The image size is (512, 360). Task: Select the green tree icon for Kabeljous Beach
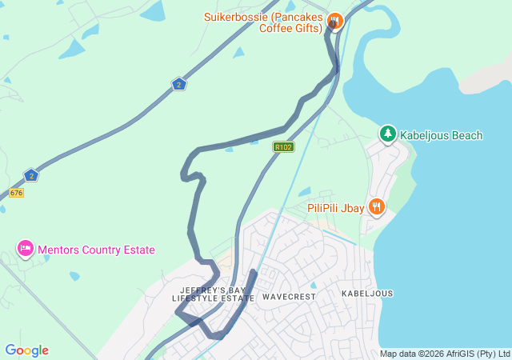tap(388, 134)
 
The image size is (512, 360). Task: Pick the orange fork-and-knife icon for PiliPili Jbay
tap(377, 208)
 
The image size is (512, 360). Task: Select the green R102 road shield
tap(283, 146)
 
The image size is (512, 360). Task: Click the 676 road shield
tap(17, 193)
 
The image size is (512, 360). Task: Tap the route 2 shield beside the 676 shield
tap(30, 175)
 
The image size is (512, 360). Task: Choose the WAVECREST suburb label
tap(289, 296)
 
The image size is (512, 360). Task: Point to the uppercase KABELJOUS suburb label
tap(367, 294)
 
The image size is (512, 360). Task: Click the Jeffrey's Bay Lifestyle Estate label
tap(213, 294)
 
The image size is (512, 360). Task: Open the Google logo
tap(26, 350)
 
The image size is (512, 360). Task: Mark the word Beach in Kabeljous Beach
tap(467, 135)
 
